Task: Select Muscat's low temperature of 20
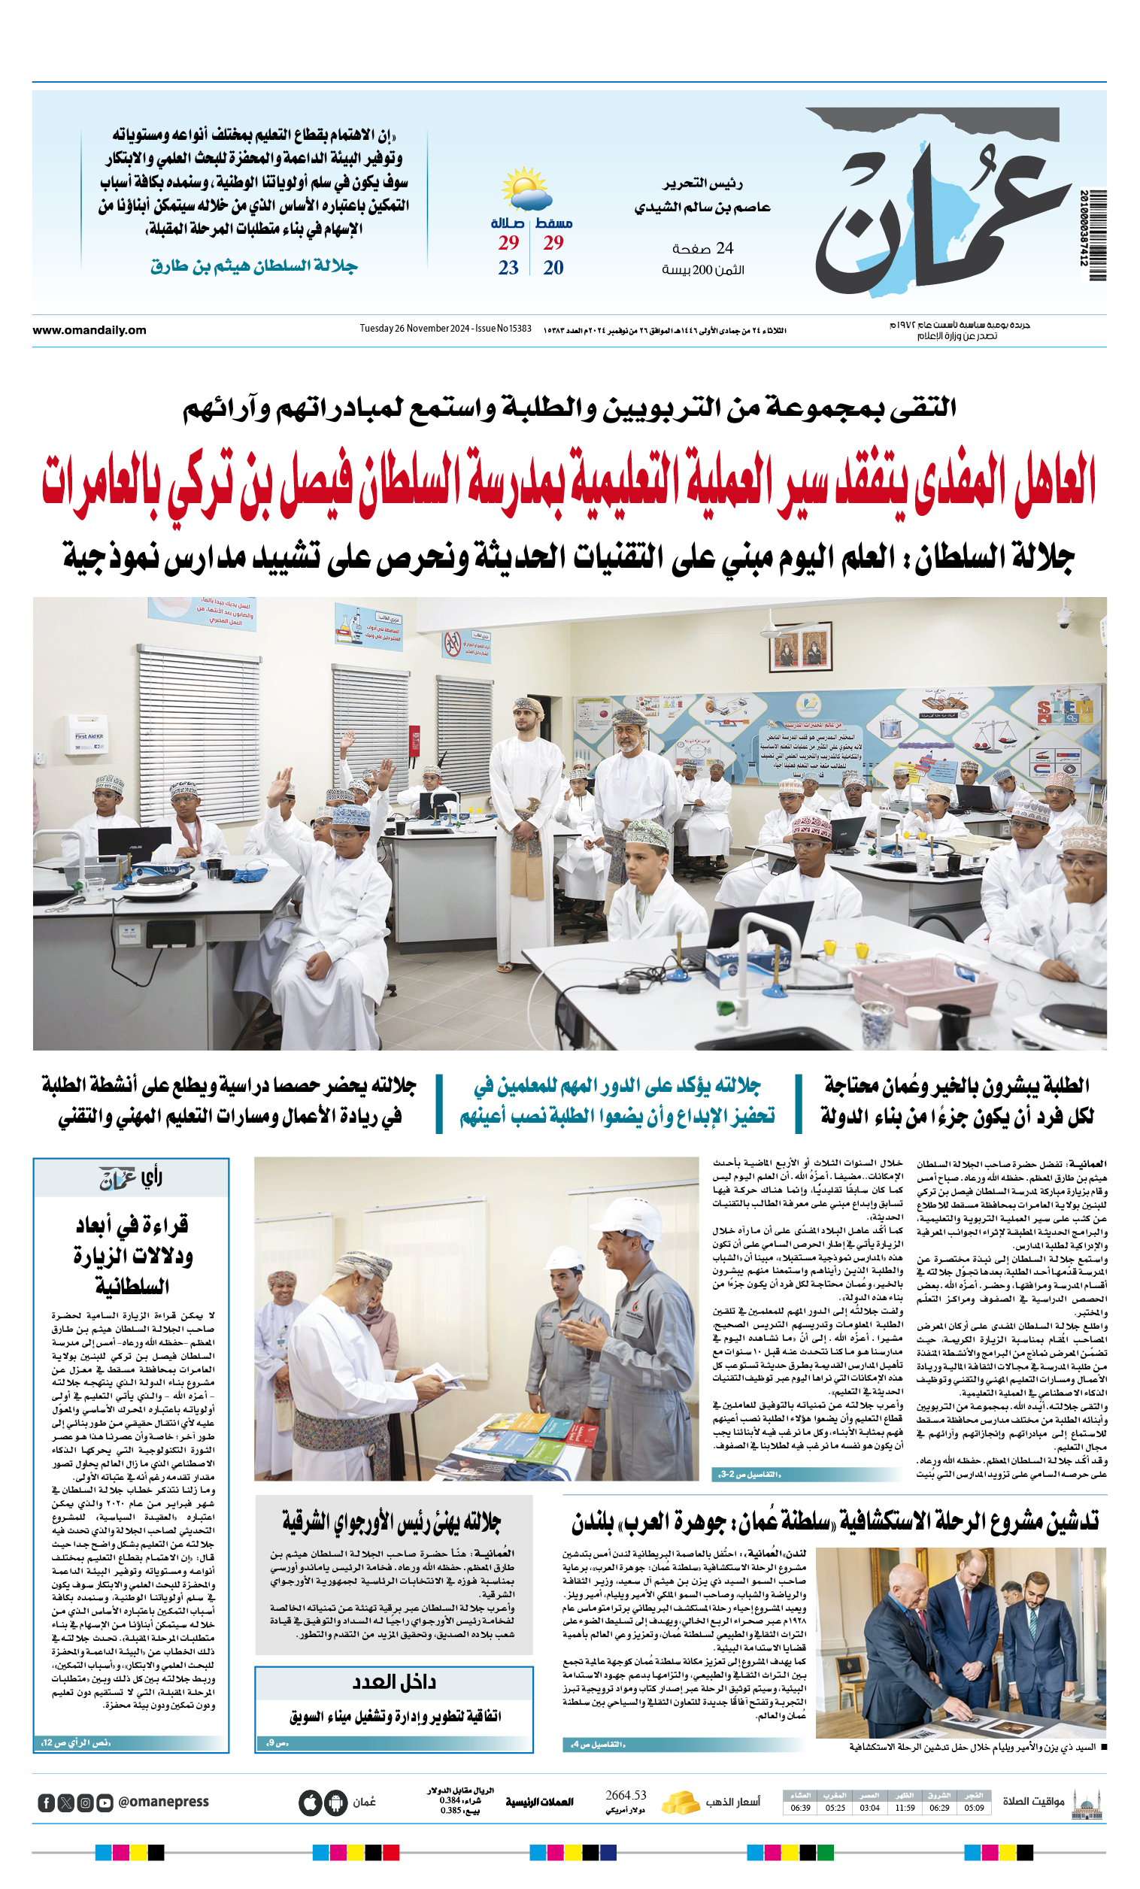pyautogui.click(x=553, y=268)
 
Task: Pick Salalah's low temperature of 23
pyautogui.click(x=508, y=268)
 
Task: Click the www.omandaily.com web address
pyautogui.click(x=89, y=330)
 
